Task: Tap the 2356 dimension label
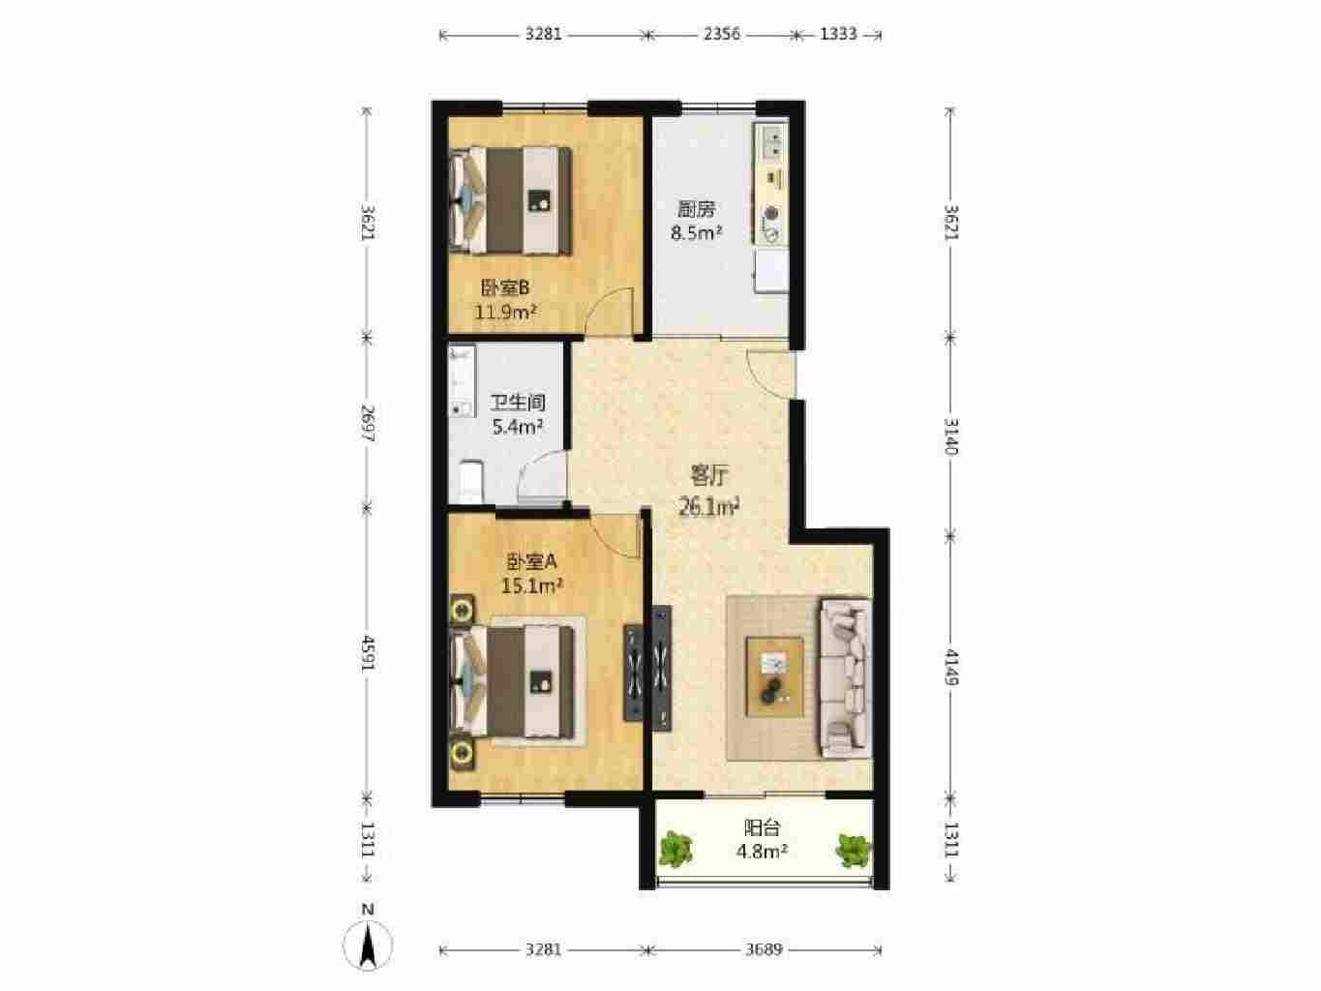[722, 34]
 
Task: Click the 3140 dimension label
[951, 435]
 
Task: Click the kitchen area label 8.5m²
[697, 232]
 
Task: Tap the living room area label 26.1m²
[709, 507]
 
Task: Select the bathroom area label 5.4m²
[518, 427]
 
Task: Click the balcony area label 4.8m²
[762, 852]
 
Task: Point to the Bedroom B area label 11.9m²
[505, 313]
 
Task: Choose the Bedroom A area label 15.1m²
[532, 586]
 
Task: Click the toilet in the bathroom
[470, 480]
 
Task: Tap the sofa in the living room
[845, 676]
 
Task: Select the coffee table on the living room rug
[774, 676]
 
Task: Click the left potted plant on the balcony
[676, 849]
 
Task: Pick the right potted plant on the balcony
[853, 850]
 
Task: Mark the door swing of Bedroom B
[611, 311]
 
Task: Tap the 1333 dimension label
[838, 34]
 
